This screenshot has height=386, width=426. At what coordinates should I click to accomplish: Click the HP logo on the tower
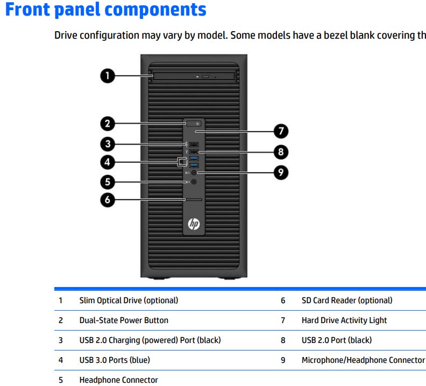tap(194, 224)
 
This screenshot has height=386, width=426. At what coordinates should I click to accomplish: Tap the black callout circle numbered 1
tap(108, 75)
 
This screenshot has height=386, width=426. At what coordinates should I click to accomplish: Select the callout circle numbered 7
tap(281, 131)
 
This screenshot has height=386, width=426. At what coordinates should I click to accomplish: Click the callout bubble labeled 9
tap(281, 172)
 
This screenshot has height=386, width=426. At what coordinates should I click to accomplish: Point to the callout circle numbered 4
tap(108, 162)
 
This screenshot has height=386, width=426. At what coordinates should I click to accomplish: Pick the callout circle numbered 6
tap(108, 200)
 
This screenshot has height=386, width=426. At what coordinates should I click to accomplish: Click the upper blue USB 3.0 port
tap(194, 159)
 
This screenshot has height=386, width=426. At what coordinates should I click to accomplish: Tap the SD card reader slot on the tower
tap(194, 199)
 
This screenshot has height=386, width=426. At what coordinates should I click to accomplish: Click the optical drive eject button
tap(205, 76)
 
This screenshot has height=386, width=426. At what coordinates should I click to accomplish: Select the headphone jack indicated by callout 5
tap(194, 182)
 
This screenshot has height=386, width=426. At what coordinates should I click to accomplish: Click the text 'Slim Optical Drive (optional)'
tap(129, 301)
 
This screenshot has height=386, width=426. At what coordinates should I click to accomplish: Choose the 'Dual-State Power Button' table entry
tap(124, 320)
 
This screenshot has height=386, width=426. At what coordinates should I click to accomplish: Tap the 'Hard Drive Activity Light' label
tap(344, 320)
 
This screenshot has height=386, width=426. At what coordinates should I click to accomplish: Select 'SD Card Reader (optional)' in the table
tap(347, 301)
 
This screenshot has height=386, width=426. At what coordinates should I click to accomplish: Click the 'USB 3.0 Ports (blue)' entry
tap(115, 360)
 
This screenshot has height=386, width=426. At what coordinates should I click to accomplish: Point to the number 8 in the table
tap(283, 340)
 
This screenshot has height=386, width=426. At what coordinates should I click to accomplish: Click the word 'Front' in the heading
tap(27, 9)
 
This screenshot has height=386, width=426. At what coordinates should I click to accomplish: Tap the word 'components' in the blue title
tap(155, 10)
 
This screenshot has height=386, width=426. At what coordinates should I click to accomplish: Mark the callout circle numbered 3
tap(108, 144)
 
